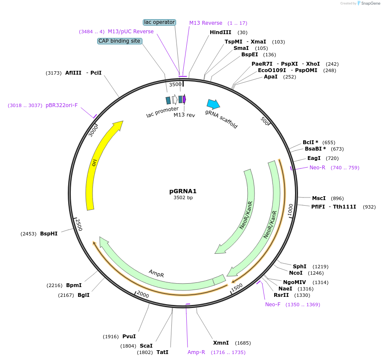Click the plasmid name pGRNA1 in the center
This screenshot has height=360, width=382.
tap(183, 191)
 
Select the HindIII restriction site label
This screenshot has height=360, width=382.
tap(220, 32)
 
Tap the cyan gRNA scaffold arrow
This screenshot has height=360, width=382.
tap(213, 104)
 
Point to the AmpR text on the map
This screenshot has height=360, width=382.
tap(156, 273)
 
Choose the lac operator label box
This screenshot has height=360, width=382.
tap(159, 22)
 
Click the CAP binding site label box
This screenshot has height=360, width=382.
tap(119, 41)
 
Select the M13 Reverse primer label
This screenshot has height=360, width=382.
tap(205, 23)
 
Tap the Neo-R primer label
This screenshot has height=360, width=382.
tap(317, 168)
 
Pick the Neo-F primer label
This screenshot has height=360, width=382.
tap(273, 305)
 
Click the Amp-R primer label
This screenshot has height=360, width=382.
tap(196, 352)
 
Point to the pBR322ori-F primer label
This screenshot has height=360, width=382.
tap(62, 105)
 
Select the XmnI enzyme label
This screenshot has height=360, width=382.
tap(221, 343)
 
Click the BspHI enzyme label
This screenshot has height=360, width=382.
tap(49, 234)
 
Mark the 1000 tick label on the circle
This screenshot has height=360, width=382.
tap(290, 209)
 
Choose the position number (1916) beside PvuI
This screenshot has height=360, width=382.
tap(111, 337)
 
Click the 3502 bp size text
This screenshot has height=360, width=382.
tap(183, 197)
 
